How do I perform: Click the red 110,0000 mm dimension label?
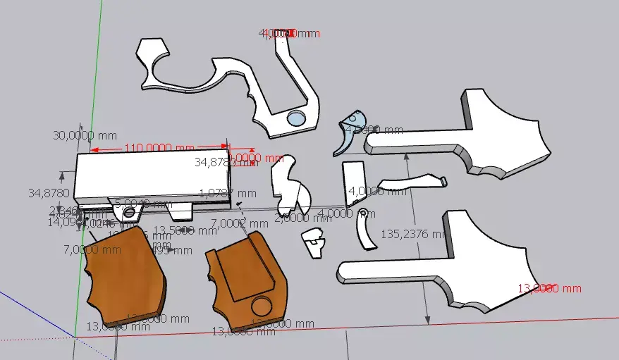(x=159, y=148)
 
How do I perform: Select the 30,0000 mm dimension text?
(x=77, y=135)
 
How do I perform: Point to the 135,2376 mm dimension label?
(x=415, y=233)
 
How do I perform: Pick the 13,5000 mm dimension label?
(x=185, y=230)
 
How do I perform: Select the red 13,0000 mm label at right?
(x=550, y=288)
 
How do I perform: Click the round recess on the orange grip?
(x=261, y=306)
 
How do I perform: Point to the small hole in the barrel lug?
(x=129, y=211)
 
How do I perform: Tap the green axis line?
(x=94, y=106)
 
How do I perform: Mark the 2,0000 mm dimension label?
(x=293, y=218)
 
